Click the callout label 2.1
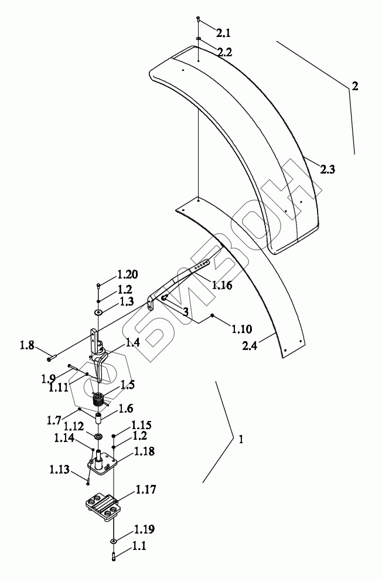click(223, 33)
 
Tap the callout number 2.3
click(328, 169)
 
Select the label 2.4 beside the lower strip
click(250, 346)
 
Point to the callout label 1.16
click(221, 286)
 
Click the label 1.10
click(242, 329)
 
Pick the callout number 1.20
click(128, 274)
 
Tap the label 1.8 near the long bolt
click(27, 346)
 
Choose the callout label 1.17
click(146, 490)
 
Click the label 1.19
click(144, 529)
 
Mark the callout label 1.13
click(60, 470)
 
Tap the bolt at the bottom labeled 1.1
click(113, 556)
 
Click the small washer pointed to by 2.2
click(199, 38)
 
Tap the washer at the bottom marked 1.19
click(113, 542)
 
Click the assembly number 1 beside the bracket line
click(241, 440)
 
